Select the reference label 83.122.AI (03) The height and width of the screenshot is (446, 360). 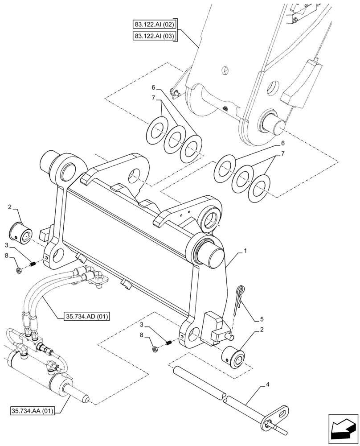155,36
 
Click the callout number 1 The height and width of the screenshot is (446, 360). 244,252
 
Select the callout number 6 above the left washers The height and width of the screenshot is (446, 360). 153,88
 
